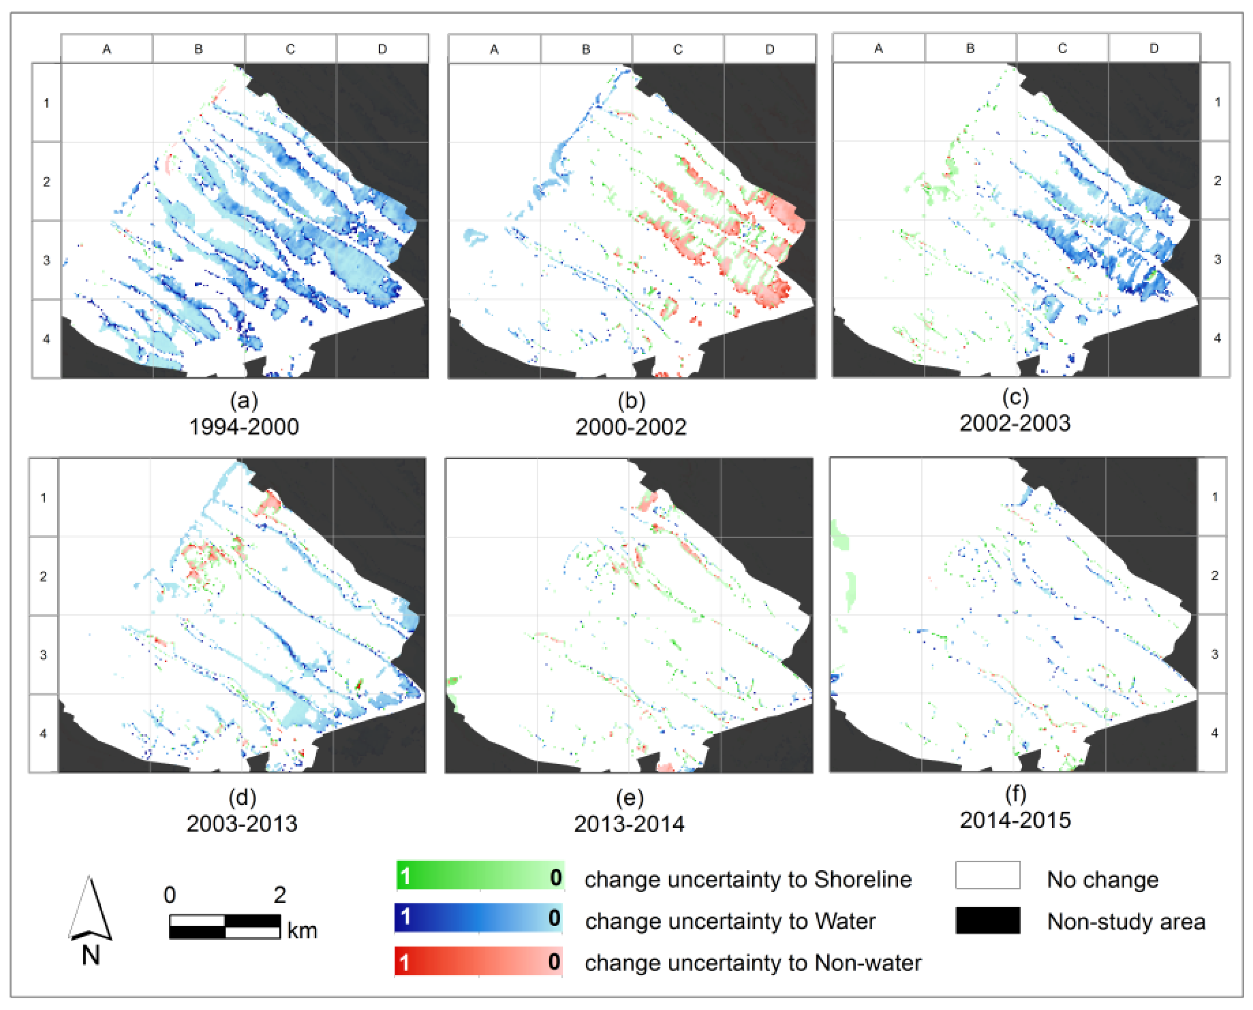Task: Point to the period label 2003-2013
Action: [242, 823]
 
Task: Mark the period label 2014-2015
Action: [1015, 820]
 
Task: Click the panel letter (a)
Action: [244, 400]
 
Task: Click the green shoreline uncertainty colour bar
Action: [479, 876]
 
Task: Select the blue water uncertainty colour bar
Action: [478, 917]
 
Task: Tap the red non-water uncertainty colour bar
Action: [478, 961]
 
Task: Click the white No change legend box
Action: [987, 875]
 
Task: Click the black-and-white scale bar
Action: [224, 926]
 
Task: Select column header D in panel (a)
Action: [382, 49]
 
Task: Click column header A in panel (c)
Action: [878, 48]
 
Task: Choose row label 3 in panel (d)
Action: [44, 655]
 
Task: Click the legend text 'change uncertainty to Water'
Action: [730, 921]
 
